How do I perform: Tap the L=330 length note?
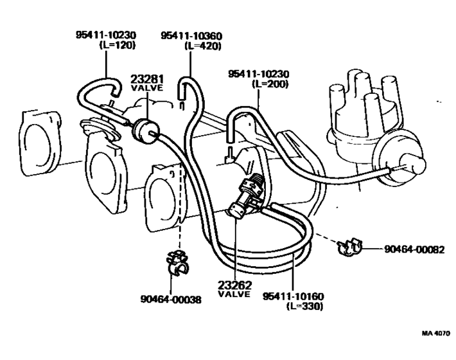point(304,306)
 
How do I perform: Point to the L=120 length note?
point(119,46)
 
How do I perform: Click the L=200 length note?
point(270,84)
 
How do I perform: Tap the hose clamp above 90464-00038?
point(175,263)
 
